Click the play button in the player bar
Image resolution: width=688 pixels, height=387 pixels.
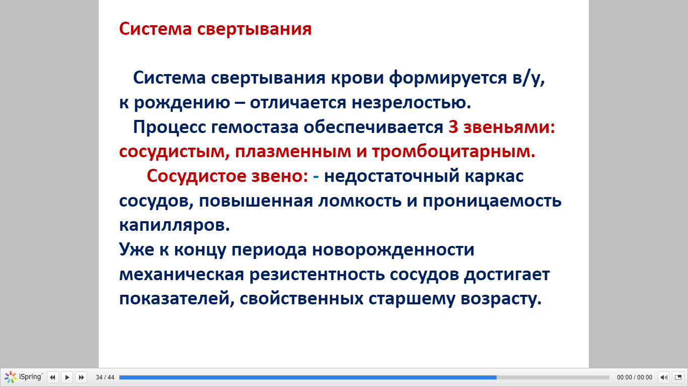pos(67,377)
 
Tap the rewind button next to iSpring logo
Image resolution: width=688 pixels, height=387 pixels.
pos(52,377)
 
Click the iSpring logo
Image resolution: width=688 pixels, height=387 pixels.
pos(23,377)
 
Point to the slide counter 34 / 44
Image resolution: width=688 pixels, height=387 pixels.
pos(105,377)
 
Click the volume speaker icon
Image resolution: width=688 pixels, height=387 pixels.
pos(664,377)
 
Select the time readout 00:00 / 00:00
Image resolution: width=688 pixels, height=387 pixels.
pos(634,377)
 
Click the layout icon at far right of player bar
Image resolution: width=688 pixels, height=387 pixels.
pos(678,377)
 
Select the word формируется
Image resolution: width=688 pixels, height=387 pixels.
pos(448,78)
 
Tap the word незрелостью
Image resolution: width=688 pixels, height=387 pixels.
pos(411,102)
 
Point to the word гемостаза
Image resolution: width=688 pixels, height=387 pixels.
pos(255,127)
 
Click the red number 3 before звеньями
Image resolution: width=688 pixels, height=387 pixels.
pos(453,127)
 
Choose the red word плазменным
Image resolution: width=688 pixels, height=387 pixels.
pos(293,152)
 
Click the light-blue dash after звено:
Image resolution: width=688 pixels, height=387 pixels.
pos(316,176)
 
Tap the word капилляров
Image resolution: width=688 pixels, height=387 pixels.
pos(174,225)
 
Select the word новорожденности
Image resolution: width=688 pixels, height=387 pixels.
pos(393,249)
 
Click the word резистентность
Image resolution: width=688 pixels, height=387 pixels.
pos(317,274)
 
